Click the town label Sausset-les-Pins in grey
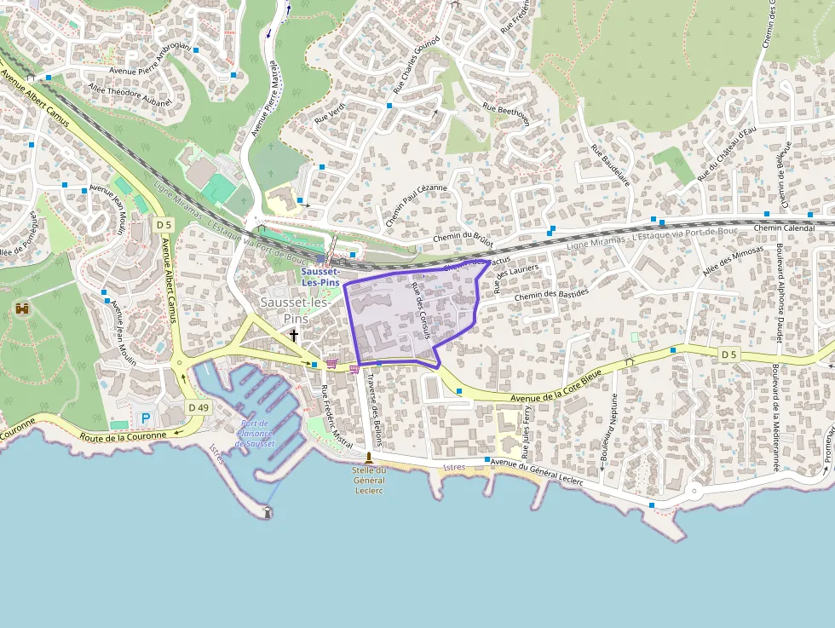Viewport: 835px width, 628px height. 295,310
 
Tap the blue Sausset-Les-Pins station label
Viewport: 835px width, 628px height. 320,276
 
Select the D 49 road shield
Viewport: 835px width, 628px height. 198,407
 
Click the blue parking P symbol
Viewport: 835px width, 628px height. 145,418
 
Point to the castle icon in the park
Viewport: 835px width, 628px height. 22,308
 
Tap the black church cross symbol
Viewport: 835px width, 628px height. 294,335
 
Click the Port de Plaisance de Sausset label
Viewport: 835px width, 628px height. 255,433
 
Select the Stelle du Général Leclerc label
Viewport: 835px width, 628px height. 369,481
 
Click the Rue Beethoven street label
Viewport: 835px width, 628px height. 507,114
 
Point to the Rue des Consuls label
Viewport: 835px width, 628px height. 420,311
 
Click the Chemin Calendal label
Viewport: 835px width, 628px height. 784,228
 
